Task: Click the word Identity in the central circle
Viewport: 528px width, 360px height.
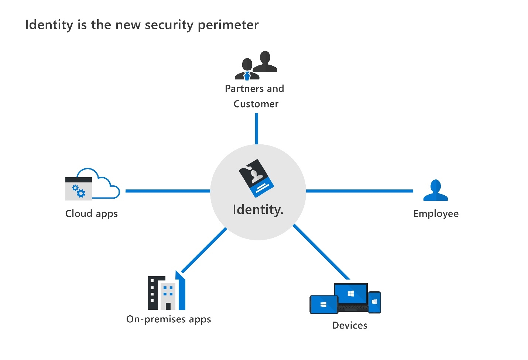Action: coord(257,210)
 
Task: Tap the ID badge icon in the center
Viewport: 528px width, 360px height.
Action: coord(256,178)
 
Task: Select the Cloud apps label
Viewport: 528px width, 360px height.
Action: coord(91,214)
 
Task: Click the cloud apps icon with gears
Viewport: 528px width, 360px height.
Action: coord(79,189)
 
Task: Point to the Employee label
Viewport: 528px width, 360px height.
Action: coord(436,214)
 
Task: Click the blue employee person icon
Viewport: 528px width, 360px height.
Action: coord(436,191)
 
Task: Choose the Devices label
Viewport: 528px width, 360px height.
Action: coord(349,325)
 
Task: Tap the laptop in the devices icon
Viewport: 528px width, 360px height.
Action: coord(351,295)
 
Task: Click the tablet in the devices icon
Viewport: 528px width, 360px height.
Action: coord(323,305)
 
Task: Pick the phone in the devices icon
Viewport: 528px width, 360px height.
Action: coord(374,302)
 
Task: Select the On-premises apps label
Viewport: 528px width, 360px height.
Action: coord(168,319)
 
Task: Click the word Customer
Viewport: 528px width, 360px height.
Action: coord(256,104)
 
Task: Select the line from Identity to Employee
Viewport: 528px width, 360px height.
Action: coord(359,191)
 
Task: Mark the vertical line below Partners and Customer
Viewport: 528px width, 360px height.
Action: coord(257,128)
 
